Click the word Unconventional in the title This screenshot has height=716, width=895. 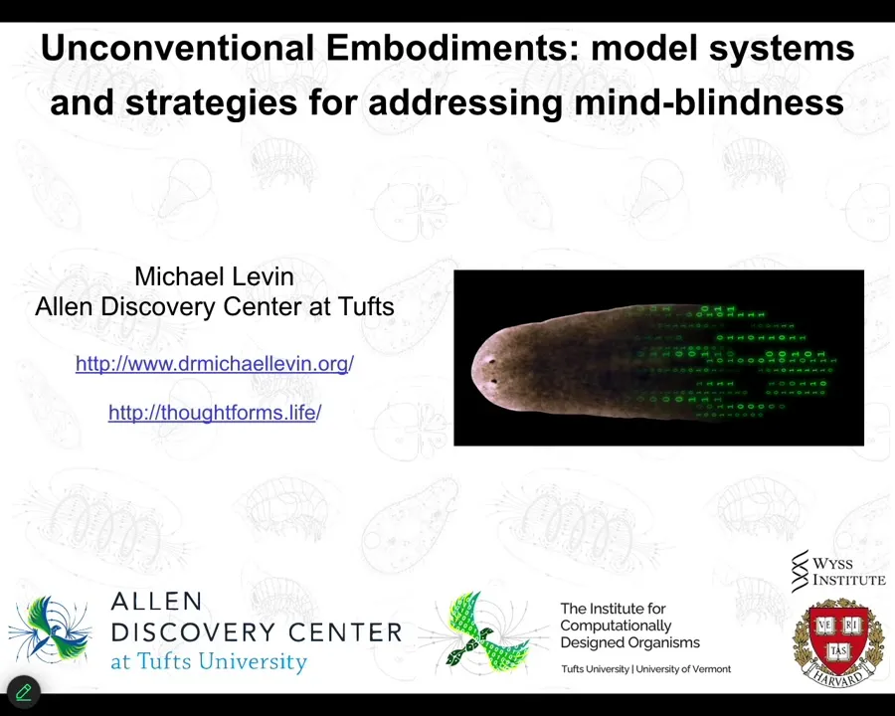(x=177, y=48)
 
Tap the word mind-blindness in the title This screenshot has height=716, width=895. (x=709, y=102)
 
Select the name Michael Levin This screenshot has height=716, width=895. (x=214, y=276)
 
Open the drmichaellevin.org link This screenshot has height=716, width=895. (x=215, y=364)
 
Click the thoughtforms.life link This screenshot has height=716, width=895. (x=215, y=413)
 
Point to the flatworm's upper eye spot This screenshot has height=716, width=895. (x=490, y=360)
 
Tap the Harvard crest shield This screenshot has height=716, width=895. (x=838, y=634)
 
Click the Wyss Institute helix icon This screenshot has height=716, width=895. (x=801, y=571)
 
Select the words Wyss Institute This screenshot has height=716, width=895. (x=849, y=572)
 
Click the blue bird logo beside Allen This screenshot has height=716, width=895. (x=51, y=630)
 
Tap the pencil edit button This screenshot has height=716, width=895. (x=24, y=692)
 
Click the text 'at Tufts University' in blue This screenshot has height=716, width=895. (x=209, y=661)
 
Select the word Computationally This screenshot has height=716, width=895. (x=616, y=626)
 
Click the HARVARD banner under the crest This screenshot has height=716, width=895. (x=838, y=676)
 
